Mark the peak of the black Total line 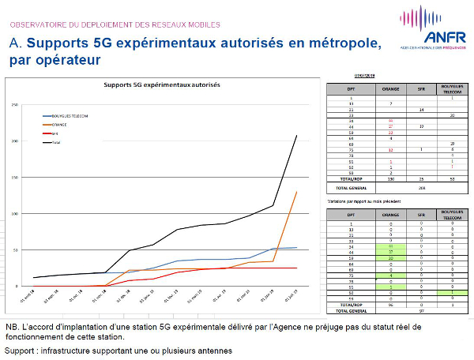click(297, 135)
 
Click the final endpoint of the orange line click(297, 192)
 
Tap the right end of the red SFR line click(297, 268)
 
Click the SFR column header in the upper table click(422, 91)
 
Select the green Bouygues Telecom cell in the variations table click(451, 291)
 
